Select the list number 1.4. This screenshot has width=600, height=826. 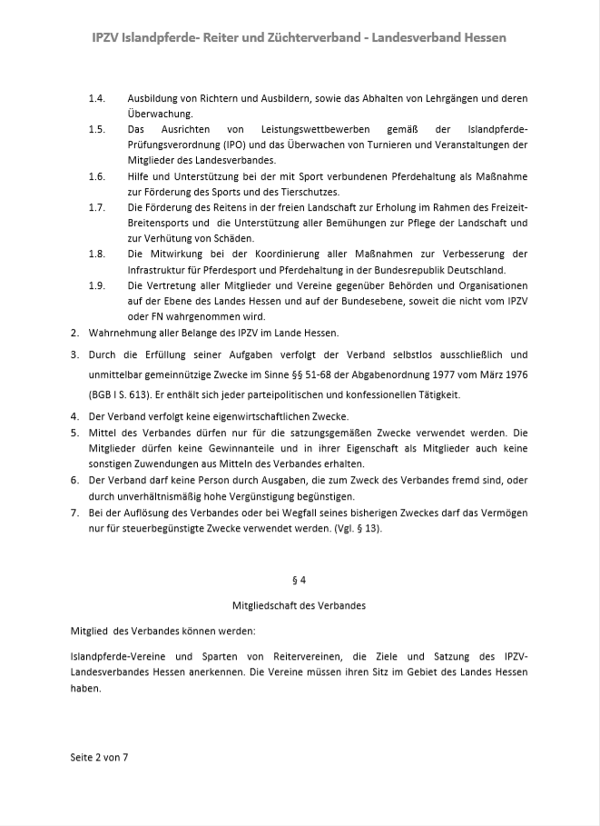tap(97, 97)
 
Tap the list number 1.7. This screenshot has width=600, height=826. tap(97, 208)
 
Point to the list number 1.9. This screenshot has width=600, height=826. tap(97, 286)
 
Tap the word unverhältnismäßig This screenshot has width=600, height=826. tap(135, 496)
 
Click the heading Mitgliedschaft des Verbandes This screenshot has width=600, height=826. tap(300, 603)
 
